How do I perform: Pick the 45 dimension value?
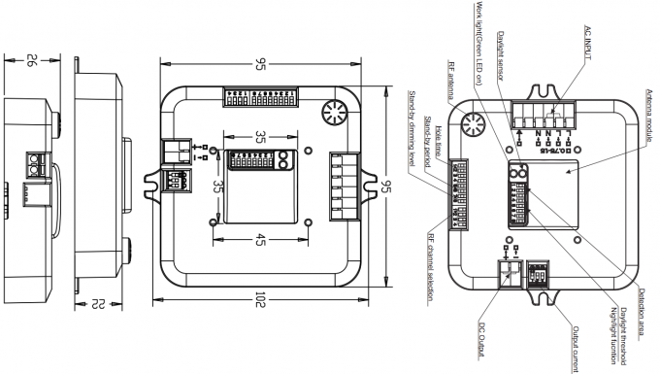261,243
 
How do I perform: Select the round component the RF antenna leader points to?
475,124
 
